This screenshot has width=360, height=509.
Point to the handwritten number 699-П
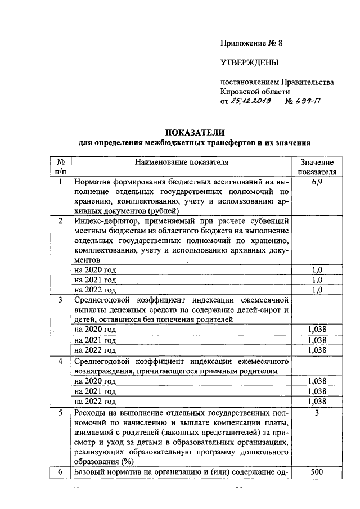(307, 102)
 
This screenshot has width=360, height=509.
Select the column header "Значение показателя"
(317, 167)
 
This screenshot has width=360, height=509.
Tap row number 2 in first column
(60, 220)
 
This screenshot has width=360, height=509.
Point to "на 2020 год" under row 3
(95, 329)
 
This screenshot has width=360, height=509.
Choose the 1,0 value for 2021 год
(317, 280)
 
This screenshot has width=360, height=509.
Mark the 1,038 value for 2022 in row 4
(317, 402)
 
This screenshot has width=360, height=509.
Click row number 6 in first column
(60, 472)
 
